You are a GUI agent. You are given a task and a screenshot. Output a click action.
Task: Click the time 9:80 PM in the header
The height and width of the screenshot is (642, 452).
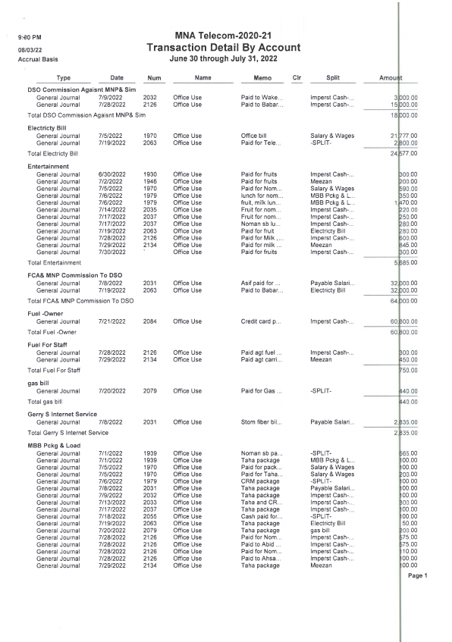(29, 36)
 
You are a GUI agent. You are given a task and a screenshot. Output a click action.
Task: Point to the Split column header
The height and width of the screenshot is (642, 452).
(332, 77)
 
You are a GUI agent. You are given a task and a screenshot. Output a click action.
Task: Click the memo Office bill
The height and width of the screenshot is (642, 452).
(254, 136)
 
